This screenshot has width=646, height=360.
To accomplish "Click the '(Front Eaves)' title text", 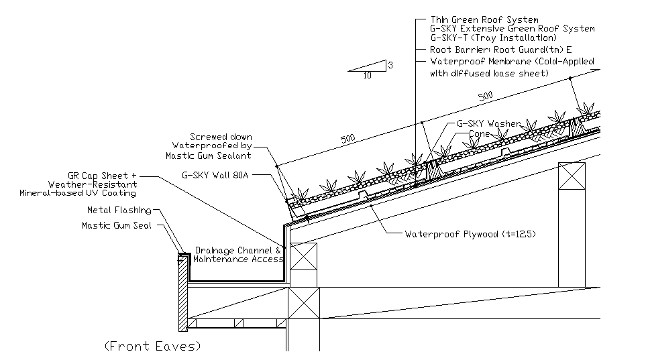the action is [152, 346].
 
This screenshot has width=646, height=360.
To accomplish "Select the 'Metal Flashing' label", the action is [119, 211].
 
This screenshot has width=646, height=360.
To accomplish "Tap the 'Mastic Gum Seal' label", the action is [117, 225].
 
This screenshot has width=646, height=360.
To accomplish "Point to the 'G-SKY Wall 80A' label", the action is [215, 175].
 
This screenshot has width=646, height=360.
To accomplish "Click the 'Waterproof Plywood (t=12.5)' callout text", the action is [470, 235].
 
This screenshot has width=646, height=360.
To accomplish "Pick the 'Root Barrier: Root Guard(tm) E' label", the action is [500, 50].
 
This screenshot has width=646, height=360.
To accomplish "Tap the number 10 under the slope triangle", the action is [367, 76].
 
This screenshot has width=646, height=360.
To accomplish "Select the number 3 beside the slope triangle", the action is [390, 65].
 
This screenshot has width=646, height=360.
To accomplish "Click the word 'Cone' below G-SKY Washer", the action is [480, 133].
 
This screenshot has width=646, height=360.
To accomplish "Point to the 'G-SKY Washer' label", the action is [489, 123].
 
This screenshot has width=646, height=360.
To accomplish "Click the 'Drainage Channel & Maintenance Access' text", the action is [239, 255].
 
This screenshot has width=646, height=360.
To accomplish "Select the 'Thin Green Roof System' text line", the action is [484, 19].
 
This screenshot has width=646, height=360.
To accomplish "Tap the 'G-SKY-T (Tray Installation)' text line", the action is [493, 38].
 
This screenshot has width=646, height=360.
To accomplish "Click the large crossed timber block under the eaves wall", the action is [304, 303].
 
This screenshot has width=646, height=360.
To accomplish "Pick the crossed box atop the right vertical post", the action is [572, 176].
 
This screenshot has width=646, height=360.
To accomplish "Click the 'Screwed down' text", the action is [221, 137].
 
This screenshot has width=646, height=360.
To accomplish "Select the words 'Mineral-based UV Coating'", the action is [78, 193].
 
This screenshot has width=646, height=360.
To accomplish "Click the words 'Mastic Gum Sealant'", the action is [208, 156].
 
